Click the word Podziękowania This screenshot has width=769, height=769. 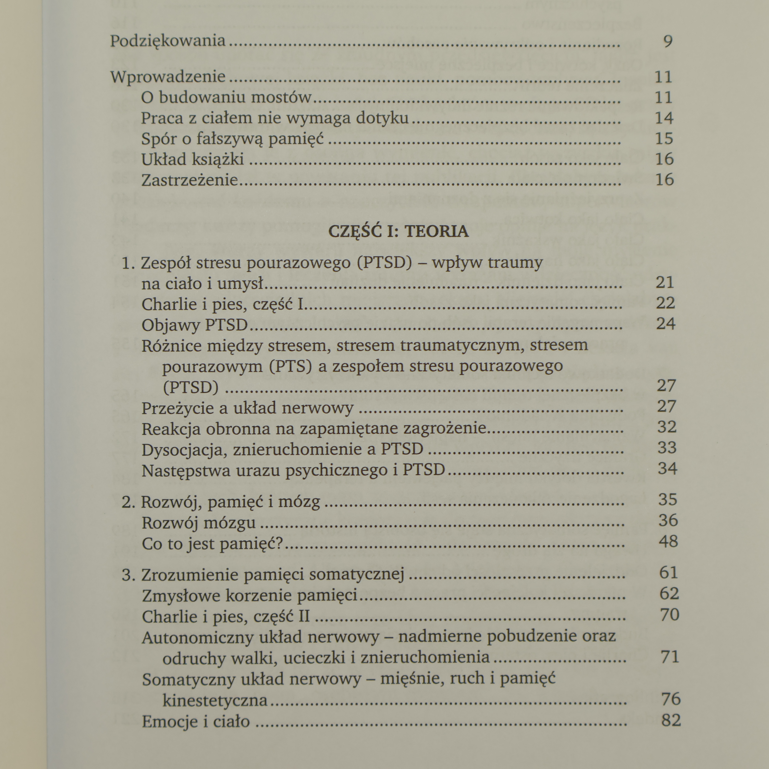pos(168,41)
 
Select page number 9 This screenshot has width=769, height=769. pos(668,41)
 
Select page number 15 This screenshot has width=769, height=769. pos(663,138)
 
